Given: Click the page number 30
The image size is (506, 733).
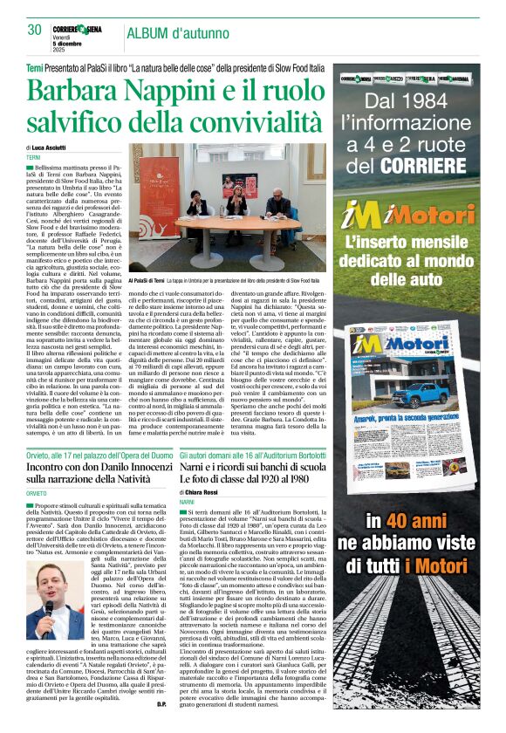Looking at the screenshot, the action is [34, 30].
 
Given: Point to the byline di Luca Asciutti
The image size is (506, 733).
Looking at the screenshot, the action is [52, 148].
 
